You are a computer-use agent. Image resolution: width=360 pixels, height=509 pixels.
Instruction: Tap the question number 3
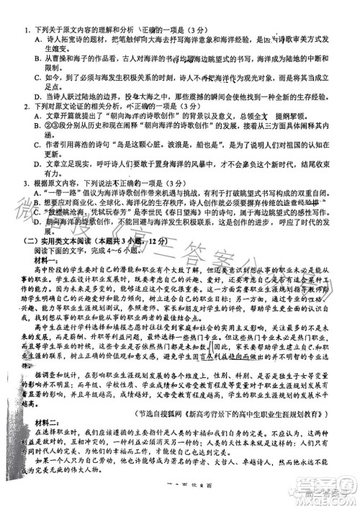26,183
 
